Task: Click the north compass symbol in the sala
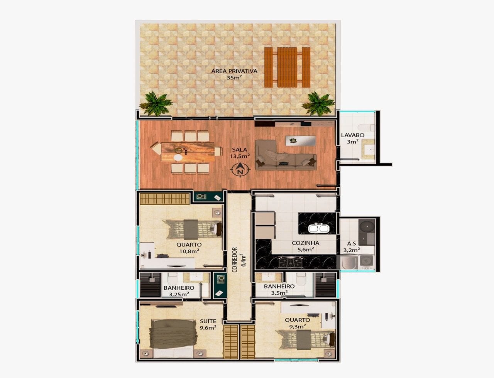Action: [x=240, y=169]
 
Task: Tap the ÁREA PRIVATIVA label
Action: [x=234, y=71]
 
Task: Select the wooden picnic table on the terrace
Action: [x=287, y=67]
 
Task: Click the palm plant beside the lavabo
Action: [x=318, y=103]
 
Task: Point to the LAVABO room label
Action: [x=353, y=135]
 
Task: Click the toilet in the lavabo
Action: [x=365, y=127]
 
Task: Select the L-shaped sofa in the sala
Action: [x=286, y=155]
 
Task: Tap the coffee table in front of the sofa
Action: [x=301, y=141]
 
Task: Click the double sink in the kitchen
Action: [x=319, y=228]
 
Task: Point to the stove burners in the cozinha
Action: [x=291, y=262]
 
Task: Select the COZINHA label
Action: [x=305, y=243]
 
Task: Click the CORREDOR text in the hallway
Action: [x=235, y=260]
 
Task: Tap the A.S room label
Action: [x=351, y=244]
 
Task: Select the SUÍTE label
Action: [x=208, y=321]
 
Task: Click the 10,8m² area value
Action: [x=189, y=251]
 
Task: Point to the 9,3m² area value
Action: [x=297, y=326]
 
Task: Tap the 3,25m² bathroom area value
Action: [x=179, y=294]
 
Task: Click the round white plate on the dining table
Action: [x=178, y=157]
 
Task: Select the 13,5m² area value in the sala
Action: [x=240, y=156]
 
